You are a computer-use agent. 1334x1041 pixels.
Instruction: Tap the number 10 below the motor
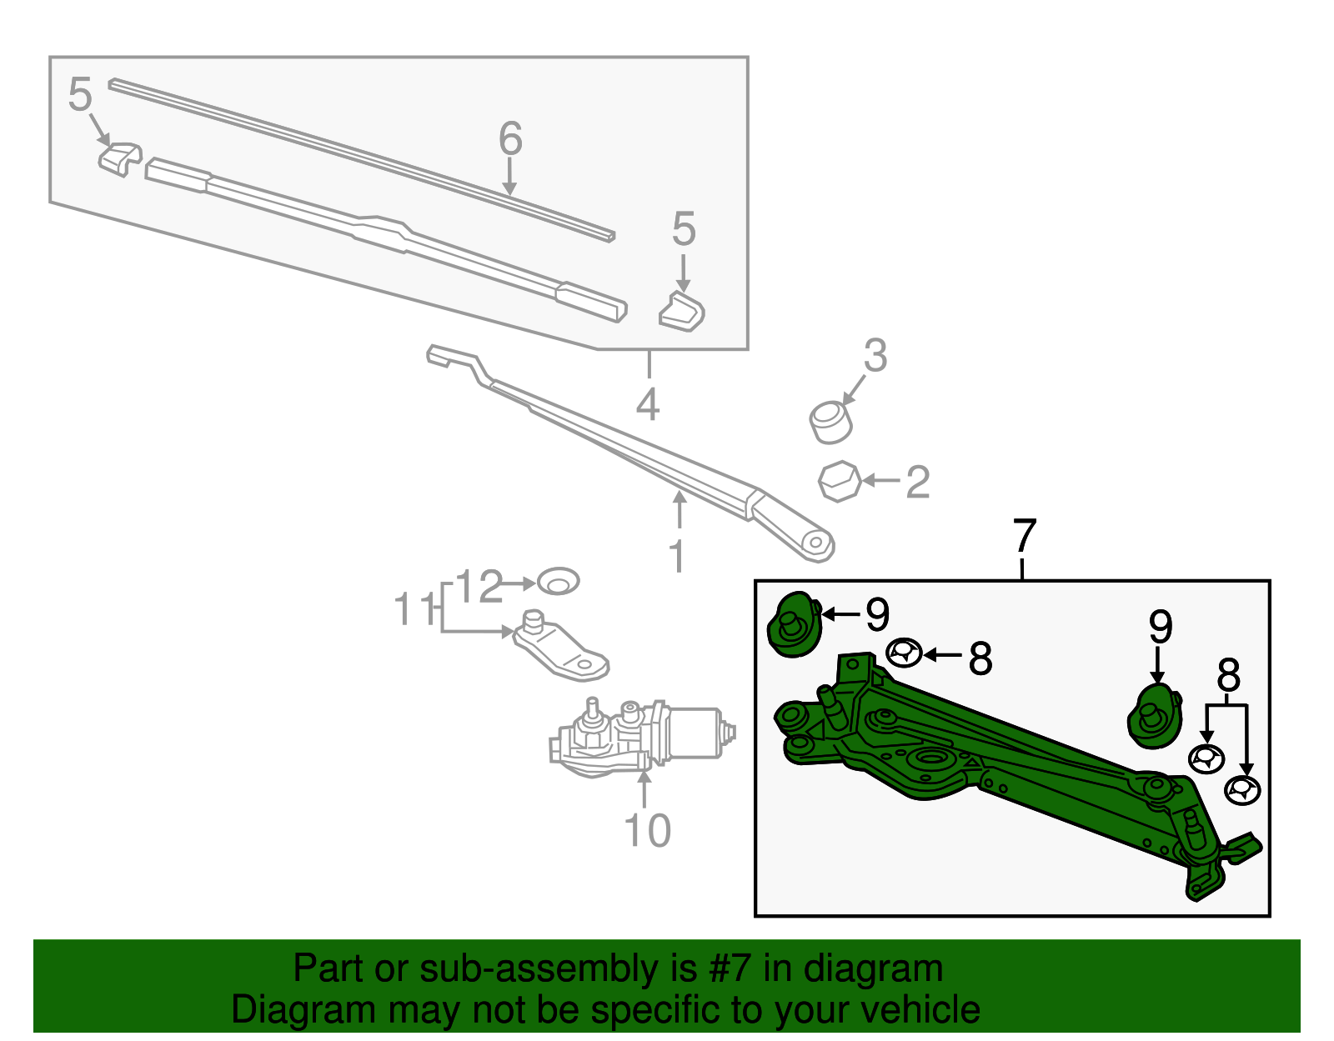point(647,831)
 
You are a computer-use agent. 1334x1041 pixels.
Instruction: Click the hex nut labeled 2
point(839,481)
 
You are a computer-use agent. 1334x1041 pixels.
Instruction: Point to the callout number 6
point(510,138)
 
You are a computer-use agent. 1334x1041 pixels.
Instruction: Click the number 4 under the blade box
point(648,406)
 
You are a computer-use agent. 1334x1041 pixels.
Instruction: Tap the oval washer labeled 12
point(558,581)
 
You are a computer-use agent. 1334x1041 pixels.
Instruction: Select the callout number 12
point(480,587)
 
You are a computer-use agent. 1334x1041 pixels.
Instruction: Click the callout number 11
point(414,610)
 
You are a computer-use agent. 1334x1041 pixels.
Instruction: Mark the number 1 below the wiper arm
point(678,557)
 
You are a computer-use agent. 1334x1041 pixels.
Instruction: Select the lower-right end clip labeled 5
point(682,312)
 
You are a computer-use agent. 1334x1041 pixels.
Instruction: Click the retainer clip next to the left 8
point(904,653)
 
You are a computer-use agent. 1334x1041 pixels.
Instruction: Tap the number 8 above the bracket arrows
point(1228,676)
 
